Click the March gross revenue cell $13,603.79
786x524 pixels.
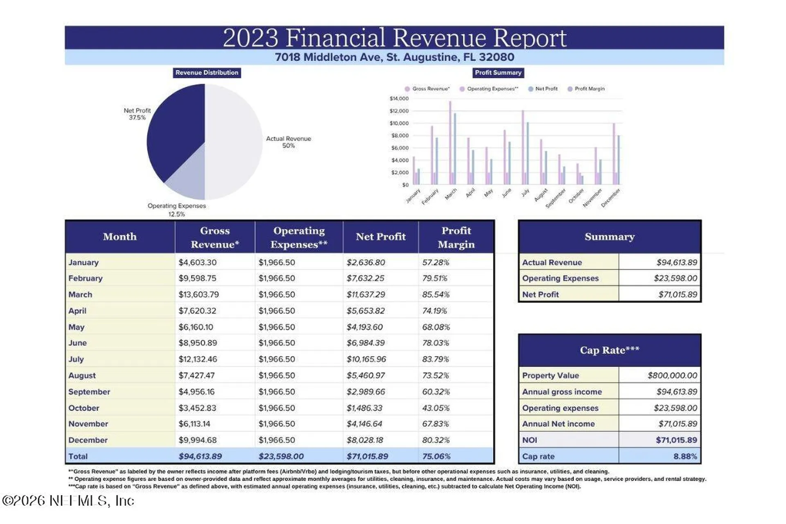(x=199, y=294)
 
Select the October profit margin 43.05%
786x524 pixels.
(x=436, y=408)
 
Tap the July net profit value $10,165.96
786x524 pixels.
(x=366, y=359)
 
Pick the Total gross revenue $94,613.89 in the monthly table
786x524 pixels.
(x=200, y=456)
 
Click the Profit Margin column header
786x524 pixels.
(x=456, y=237)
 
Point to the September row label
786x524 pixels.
(x=89, y=392)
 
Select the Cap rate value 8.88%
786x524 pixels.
(x=685, y=456)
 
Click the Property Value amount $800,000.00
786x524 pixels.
(x=672, y=375)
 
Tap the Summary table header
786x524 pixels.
(x=610, y=237)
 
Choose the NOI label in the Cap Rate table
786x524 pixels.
(x=529, y=440)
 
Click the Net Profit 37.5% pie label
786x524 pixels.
(x=137, y=114)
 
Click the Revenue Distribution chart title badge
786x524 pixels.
(x=207, y=73)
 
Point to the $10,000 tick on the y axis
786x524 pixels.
(x=399, y=123)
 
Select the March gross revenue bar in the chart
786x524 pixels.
(x=450, y=143)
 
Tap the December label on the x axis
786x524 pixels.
(x=610, y=198)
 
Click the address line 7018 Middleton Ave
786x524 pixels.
(x=394, y=57)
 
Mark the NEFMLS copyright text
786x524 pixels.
(x=68, y=501)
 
